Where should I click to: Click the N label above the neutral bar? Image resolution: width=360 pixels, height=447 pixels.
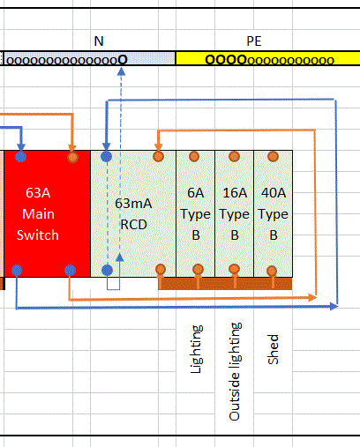99,41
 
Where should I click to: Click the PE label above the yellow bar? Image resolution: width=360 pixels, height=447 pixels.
254,41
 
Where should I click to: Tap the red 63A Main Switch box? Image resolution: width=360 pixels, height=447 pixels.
47,213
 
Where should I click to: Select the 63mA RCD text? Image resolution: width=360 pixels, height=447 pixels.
133,214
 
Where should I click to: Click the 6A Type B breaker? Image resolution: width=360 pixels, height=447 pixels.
196,213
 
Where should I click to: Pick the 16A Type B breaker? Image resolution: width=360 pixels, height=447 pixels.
235,213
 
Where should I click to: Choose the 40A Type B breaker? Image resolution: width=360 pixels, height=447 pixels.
274,213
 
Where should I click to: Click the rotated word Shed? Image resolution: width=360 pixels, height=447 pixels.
273,349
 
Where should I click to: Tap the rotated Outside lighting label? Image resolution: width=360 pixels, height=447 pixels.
235,371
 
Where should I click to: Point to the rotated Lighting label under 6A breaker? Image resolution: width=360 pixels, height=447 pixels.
196,349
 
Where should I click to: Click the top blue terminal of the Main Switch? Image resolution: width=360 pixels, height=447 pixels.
20,157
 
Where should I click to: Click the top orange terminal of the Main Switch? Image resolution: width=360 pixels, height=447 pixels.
72,157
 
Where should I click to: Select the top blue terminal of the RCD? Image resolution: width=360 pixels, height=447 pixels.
107,156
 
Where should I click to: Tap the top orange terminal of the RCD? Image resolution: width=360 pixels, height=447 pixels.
158,156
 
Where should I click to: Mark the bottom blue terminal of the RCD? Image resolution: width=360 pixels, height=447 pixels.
107,270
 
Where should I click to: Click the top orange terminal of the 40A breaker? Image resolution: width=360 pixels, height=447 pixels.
273,156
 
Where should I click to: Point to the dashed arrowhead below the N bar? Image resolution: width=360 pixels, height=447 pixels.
121,71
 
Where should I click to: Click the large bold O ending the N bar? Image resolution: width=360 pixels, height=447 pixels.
123,60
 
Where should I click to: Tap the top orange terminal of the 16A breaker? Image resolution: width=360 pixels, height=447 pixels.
234,156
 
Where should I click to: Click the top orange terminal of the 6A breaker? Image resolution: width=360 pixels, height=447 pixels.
194,156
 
